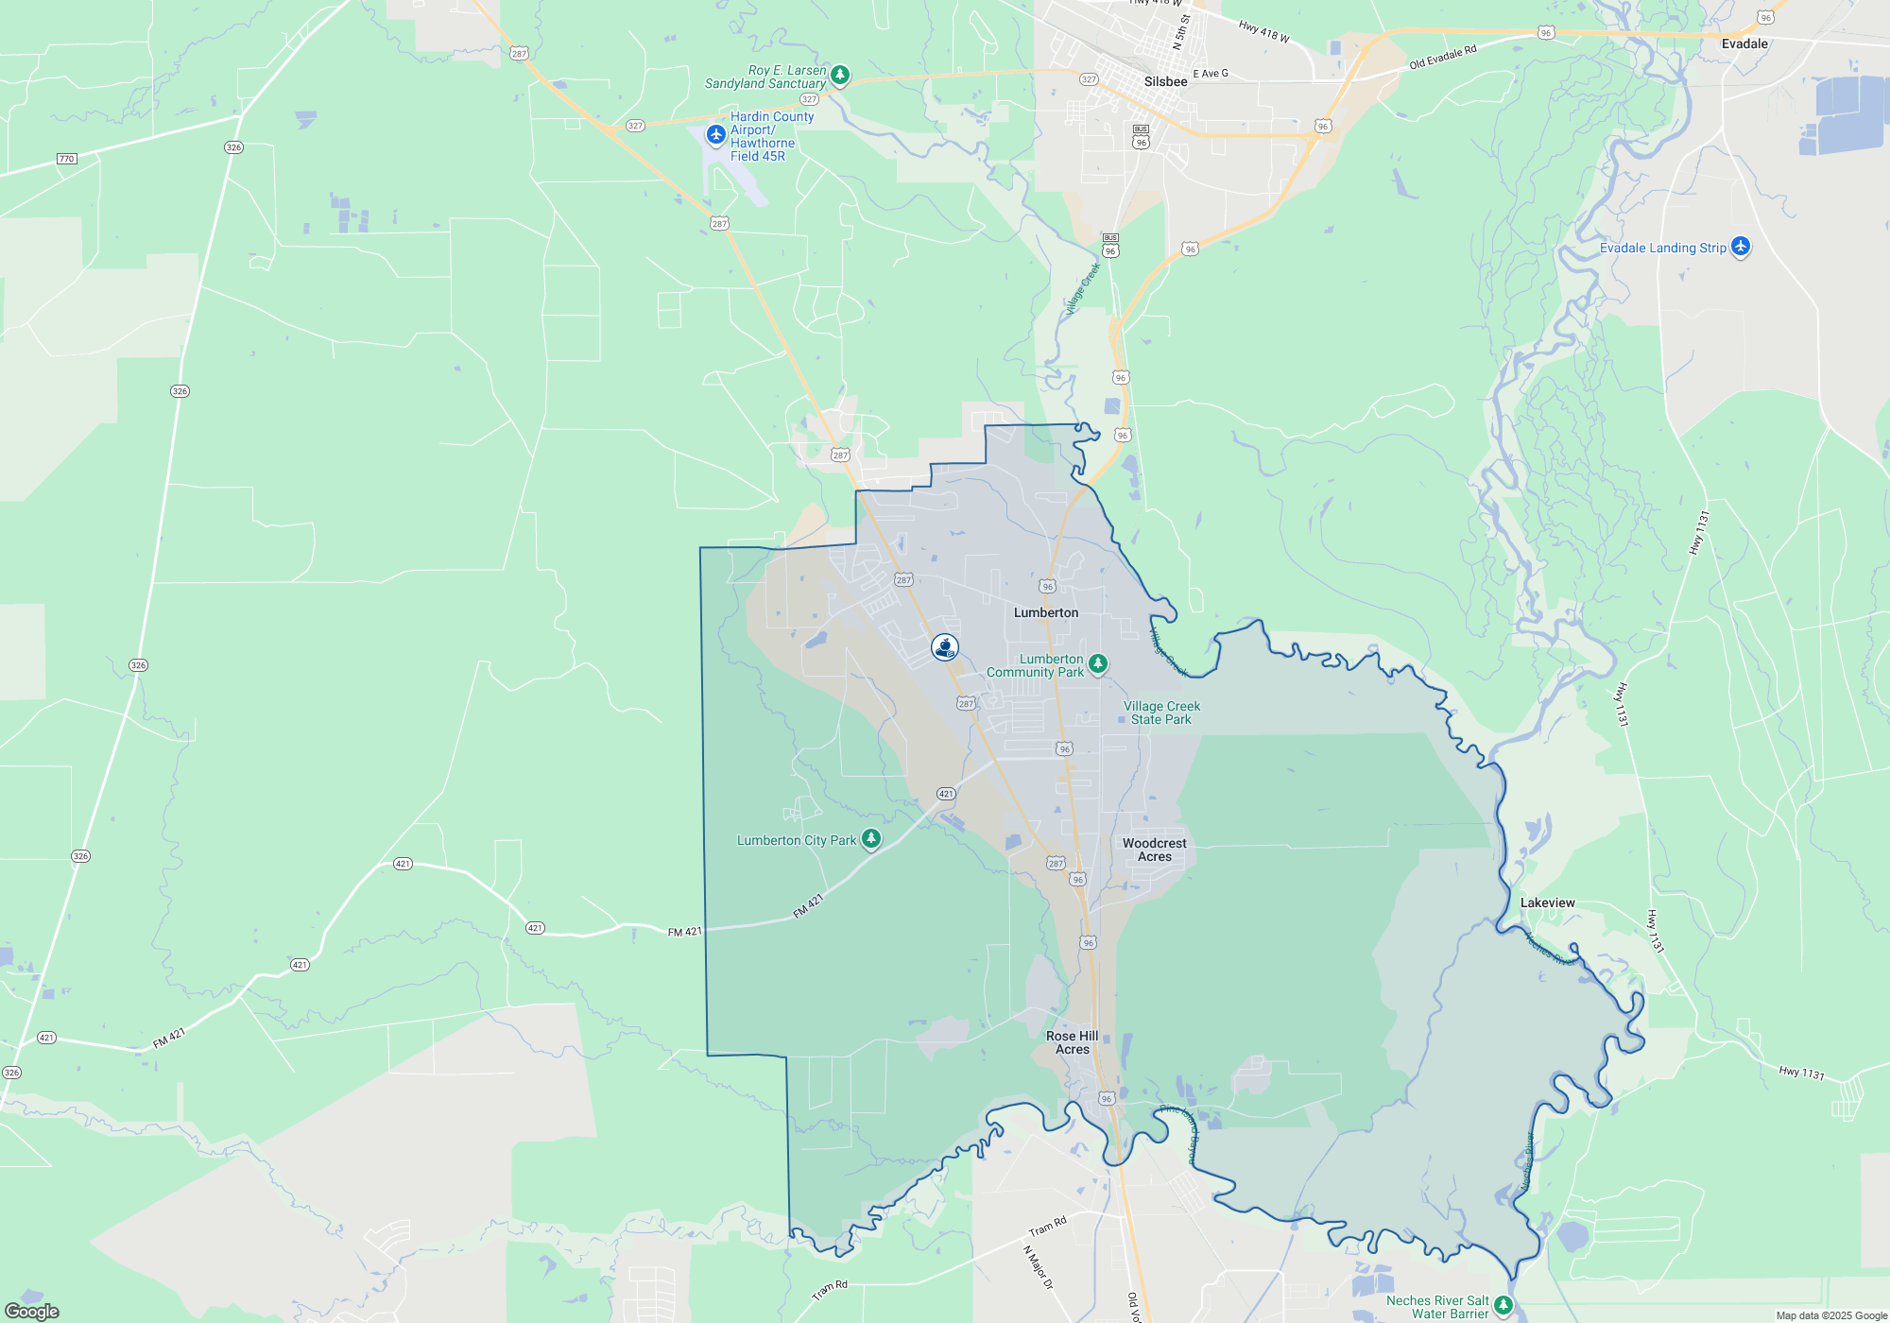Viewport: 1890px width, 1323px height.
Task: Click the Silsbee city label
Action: tap(1165, 82)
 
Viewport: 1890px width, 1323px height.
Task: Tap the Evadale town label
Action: tap(1744, 44)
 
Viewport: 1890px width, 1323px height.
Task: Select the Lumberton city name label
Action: tap(1045, 613)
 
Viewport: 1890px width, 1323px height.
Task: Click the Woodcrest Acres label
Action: tap(1154, 850)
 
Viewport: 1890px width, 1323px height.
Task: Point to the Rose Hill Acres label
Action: tap(1072, 1042)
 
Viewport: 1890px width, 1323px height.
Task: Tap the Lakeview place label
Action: tap(1547, 903)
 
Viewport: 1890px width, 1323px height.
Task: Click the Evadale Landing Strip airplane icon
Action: tap(1740, 247)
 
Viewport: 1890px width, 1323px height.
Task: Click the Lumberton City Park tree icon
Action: tap(871, 838)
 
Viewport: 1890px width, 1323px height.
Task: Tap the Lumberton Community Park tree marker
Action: tap(1097, 663)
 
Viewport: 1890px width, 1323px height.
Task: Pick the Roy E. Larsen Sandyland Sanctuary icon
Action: tap(839, 75)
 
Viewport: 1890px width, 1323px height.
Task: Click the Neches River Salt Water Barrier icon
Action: tap(1503, 1305)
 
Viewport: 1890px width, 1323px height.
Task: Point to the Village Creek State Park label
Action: tap(1161, 713)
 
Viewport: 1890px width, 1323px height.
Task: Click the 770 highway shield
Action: tap(66, 159)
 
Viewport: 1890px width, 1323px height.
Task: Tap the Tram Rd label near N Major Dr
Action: tap(1047, 1227)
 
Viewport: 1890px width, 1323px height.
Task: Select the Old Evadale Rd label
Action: tap(1442, 58)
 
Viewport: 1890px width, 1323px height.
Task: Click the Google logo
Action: tap(31, 1311)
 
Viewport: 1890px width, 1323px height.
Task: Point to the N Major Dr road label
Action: tap(1037, 1267)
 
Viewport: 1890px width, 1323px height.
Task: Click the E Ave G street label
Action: tap(1210, 74)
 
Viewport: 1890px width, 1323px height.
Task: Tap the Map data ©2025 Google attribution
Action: tap(1830, 1315)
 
